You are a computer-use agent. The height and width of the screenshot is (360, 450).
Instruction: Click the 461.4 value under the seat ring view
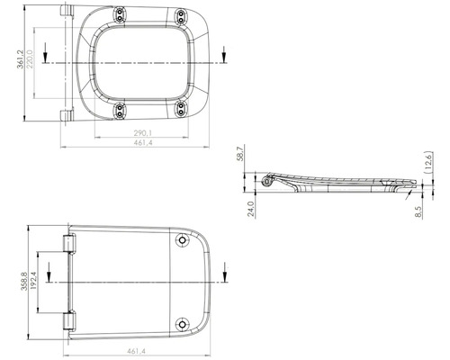[137, 143]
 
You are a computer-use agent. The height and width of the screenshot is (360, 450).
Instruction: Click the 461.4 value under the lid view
[138, 351]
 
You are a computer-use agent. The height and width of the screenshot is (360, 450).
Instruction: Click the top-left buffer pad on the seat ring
[121, 15]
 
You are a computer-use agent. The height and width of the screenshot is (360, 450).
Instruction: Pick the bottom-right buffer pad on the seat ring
[182, 109]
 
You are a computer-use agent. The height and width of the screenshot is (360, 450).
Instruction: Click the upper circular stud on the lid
[184, 240]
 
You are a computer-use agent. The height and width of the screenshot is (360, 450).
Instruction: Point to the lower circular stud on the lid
[184, 324]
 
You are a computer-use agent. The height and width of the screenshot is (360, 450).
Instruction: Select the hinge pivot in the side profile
[266, 181]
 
